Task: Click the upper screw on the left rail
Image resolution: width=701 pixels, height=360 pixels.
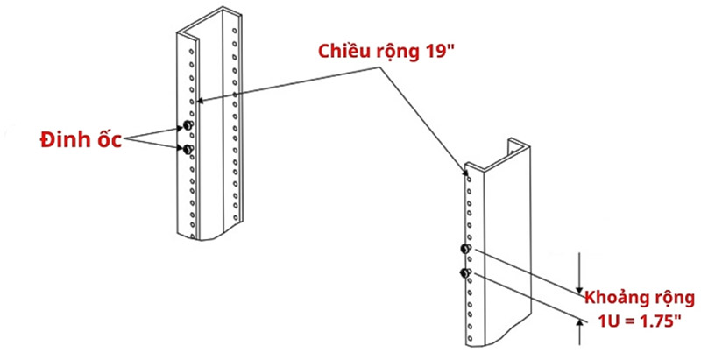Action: pyautogui.click(x=187, y=129)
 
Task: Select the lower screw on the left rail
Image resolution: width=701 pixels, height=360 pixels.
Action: pyautogui.click(x=187, y=150)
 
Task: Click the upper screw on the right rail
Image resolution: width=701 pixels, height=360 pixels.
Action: pyautogui.click(x=465, y=251)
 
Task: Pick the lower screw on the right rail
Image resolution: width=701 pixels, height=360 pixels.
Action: pyautogui.click(x=465, y=274)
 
